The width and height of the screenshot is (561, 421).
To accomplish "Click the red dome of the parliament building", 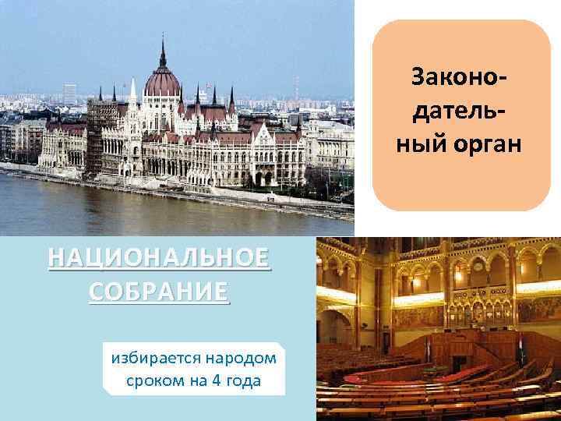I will tap(163, 82).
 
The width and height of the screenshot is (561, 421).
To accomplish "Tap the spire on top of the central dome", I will tap(163, 51).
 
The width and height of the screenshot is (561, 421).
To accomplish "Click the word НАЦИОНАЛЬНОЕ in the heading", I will tap(160, 257).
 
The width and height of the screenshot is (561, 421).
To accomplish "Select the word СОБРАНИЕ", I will tap(160, 292).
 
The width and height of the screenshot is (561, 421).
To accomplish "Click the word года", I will tap(244, 380).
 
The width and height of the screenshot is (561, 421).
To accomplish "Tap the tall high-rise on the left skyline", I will tap(69, 94).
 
